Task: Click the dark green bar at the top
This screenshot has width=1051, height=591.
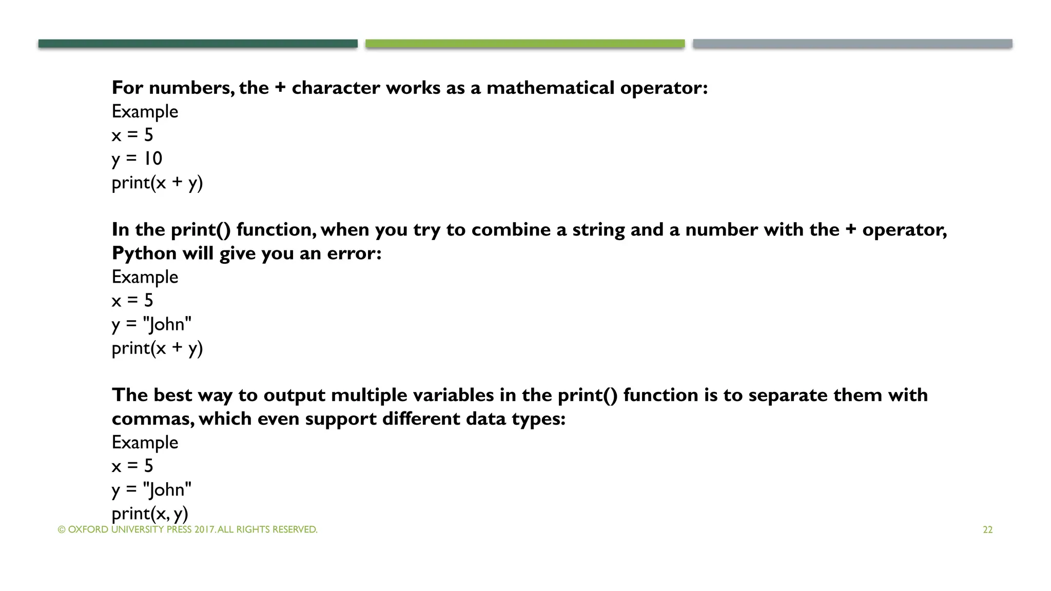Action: [x=198, y=44]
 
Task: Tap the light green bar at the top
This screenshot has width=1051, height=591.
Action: [x=525, y=44]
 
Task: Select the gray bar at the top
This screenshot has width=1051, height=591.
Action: [x=852, y=44]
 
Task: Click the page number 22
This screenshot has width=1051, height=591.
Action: [x=987, y=530]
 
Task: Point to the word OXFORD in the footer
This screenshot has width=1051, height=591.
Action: [x=88, y=529]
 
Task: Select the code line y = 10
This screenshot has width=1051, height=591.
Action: [x=137, y=159]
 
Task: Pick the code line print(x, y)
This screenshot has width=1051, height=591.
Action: [x=150, y=513]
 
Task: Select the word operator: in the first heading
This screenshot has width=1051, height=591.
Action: [x=664, y=88]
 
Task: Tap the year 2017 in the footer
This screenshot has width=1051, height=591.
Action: [x=205, y=529]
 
